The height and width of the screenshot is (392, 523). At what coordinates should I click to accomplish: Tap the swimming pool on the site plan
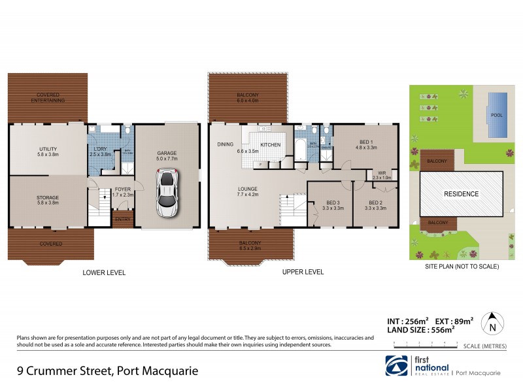tap(498, 114)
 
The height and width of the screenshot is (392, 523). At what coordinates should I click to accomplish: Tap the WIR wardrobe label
tap(381, 174)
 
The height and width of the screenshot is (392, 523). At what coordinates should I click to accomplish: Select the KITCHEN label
tap(271, 144)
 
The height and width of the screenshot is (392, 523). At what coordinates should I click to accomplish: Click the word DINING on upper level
tap(226, 144)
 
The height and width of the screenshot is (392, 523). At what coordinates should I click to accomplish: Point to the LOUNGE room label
tap(247, 190)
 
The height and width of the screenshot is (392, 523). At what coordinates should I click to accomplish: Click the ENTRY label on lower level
tap(122, 220)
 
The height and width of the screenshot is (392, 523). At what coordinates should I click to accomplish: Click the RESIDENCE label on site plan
tap(462, 194)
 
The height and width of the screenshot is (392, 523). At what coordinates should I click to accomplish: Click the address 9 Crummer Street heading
tap(107, 371)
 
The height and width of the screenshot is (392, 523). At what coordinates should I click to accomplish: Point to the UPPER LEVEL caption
tap(303, 272)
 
